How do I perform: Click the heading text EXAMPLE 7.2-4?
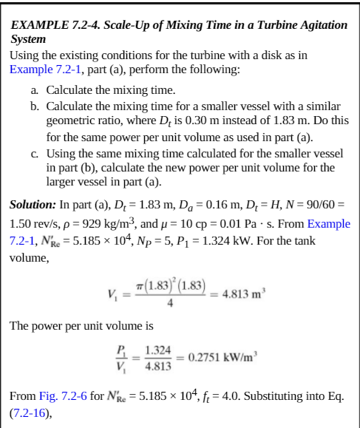click(52, 25)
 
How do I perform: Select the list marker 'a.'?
click(35, 90)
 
